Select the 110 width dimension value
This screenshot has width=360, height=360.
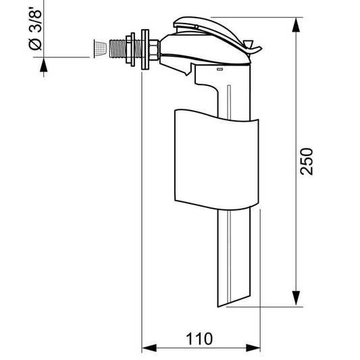click(200, 338)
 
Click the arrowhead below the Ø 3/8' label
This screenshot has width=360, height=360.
click(45, 66)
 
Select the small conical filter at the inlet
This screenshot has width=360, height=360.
click(99, 48)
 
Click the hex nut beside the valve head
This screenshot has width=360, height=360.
click(154, 50)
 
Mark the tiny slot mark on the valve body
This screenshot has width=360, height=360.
click(220, 70)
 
